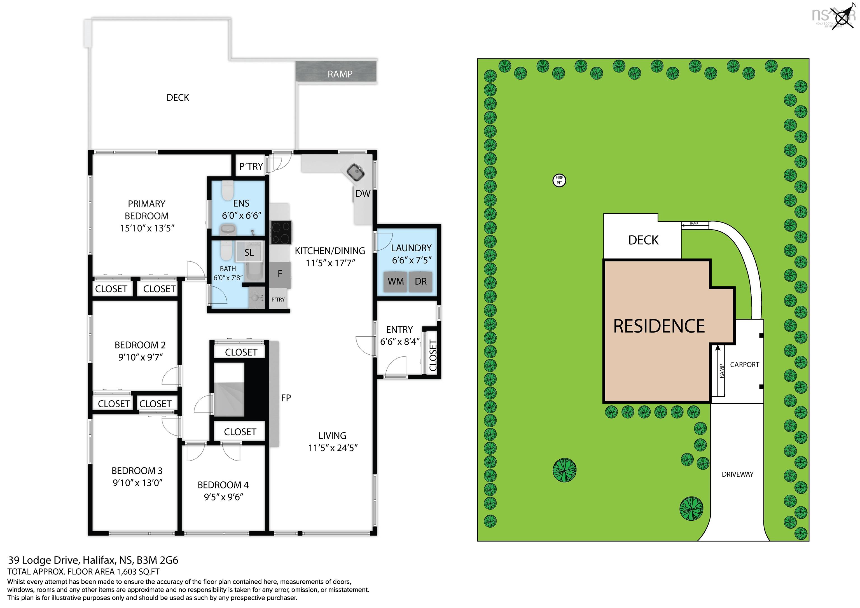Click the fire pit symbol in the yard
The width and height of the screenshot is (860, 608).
pos(559,180)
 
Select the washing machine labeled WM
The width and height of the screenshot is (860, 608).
pos(396,281)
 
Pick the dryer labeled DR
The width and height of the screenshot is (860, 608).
pos(421,281)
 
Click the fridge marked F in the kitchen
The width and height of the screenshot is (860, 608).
pos(280,273)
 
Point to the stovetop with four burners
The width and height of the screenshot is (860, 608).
pos(281,233)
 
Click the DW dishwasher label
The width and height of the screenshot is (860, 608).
pos(363,194)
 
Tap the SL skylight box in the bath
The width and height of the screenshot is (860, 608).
pos(249,252)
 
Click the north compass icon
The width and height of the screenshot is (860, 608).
pos(843,17)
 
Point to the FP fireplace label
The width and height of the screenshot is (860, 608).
pos(286,398)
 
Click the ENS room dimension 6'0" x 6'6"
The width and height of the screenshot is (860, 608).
pos(242,216)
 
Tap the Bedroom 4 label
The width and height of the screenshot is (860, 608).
pos(223,485)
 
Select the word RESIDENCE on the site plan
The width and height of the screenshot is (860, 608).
pos(659,326)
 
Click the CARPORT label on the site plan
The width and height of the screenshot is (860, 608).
pos(745,364)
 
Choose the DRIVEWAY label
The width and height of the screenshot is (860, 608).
pos(737,474)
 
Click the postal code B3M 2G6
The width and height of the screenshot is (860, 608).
pos(157,560)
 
